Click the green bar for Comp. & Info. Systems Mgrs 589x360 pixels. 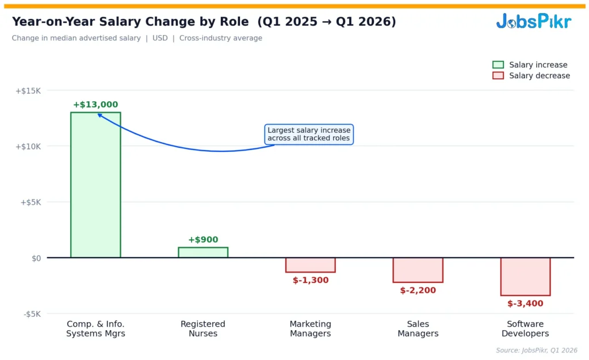click(95, 184)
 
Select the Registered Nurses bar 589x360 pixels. click(203, 252)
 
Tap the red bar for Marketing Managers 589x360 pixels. click(311, 265)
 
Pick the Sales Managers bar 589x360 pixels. click(418, 270)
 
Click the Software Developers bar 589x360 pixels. click(525, 276)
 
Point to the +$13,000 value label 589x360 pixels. click(95, 105)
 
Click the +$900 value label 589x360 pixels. click(203, 240)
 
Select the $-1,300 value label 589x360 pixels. click(311, 281)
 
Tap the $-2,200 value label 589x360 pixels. click(418, 290)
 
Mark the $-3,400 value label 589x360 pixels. click(525, 304)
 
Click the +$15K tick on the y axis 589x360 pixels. click(28, 91)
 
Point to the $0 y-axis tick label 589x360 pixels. click(36, 258)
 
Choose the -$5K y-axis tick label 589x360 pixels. click(32, 314)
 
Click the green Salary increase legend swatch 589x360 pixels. click(498, 65)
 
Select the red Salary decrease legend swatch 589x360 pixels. click(498, 76)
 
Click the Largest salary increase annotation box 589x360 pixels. click(309, 135)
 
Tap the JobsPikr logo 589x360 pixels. click(533, 22)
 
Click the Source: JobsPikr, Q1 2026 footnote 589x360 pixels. click(536, 350)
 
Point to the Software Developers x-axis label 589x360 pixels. click(525, 329)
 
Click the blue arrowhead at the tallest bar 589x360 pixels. click(100, 115)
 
